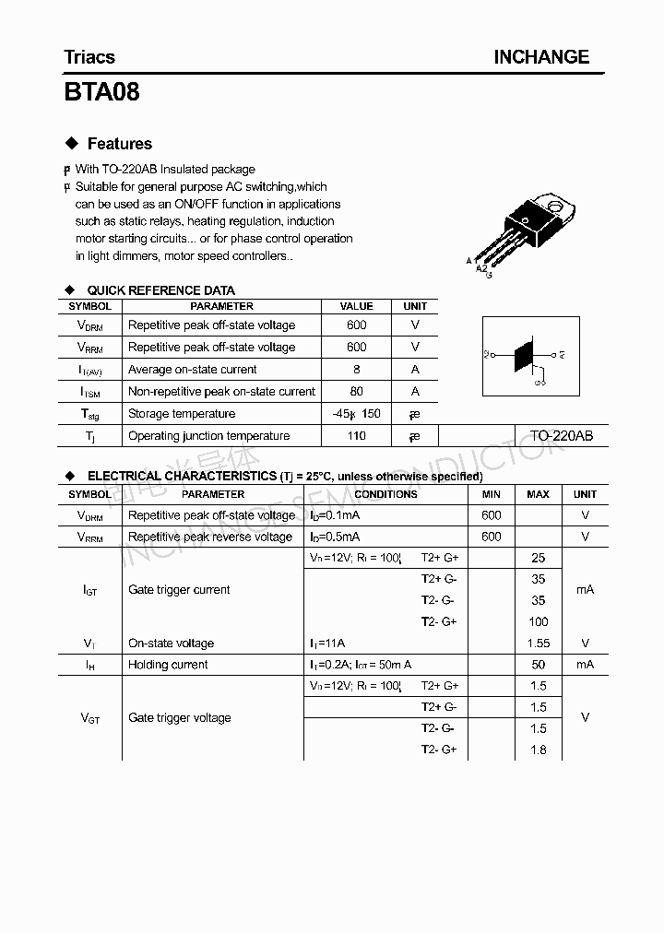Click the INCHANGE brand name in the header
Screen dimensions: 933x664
coord(540,57)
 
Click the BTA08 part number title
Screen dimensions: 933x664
coord(102,92)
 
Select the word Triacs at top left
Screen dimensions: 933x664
coord(89,57)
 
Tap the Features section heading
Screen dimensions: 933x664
coord(119,144)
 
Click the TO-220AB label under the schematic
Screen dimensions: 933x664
coord(561,436)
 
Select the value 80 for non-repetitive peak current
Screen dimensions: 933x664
coord(357,392)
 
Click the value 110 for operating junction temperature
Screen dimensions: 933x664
coord(357,436)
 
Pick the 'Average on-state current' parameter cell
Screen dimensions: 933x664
coord(193,370)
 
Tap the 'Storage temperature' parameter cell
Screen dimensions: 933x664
coord(182,414)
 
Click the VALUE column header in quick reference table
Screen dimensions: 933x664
coord(357,306)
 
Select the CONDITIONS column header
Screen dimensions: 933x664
coord(385,494)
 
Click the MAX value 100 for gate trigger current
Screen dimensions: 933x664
coord(539,621)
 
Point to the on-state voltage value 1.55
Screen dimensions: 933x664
coord(539,644)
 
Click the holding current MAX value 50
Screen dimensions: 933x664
coord(539,665)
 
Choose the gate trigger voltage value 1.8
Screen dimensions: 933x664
coord(539,750)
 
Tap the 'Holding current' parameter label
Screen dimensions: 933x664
coord(168,665)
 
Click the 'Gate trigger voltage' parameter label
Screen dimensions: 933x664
coord(180,718)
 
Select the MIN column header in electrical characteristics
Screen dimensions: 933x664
coord(492,494)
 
